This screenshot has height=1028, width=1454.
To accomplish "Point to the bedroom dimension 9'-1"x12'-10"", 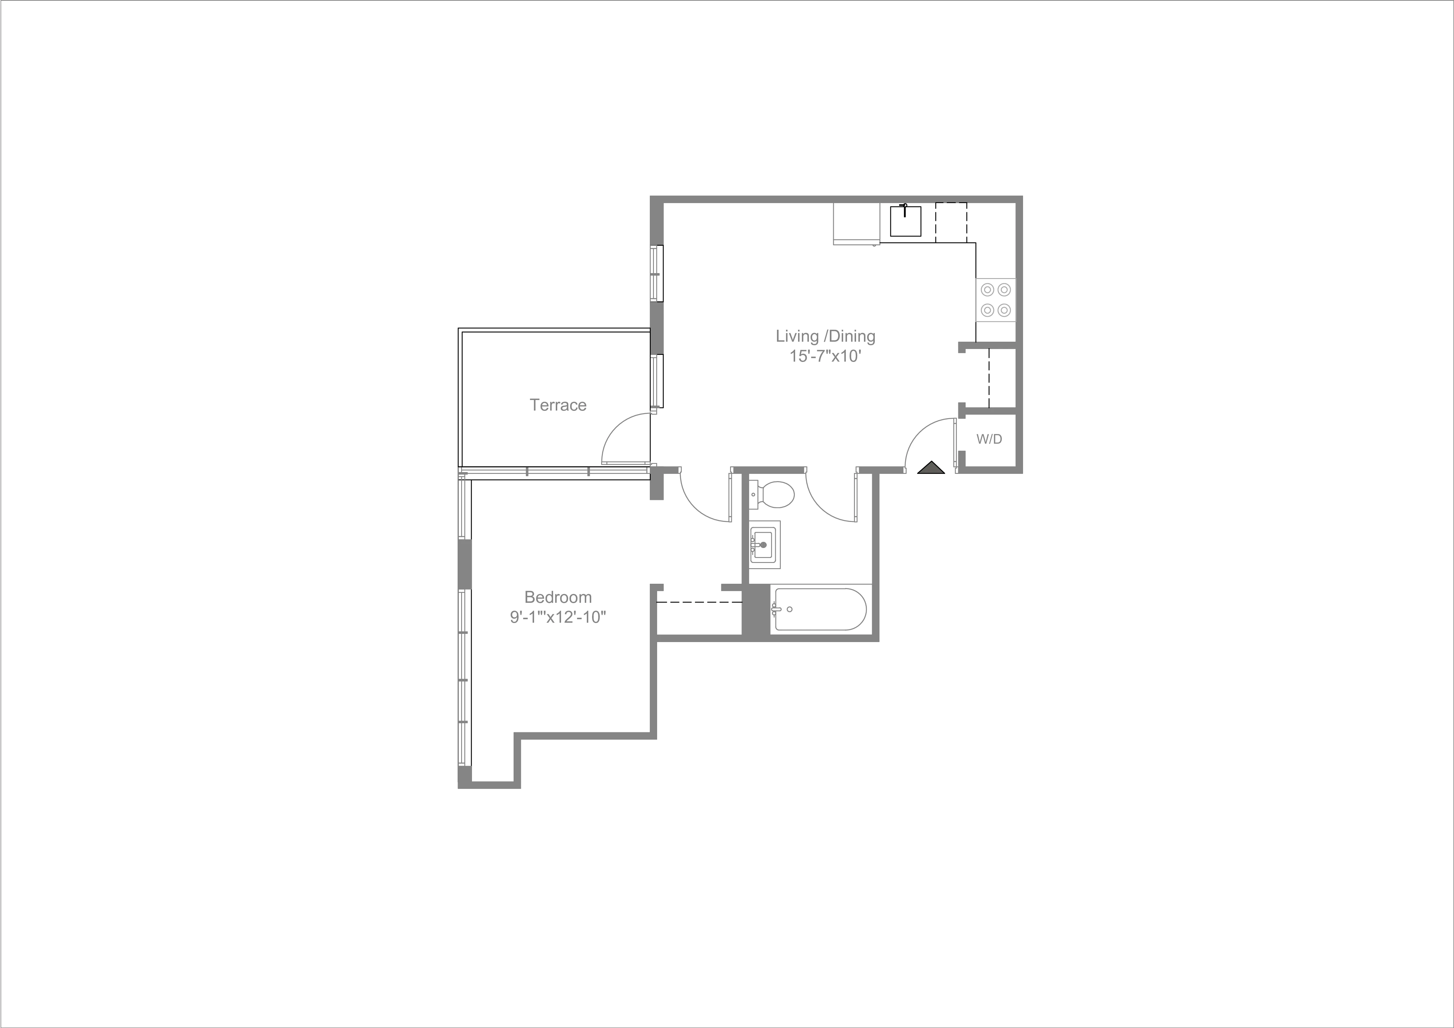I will coord(558,617).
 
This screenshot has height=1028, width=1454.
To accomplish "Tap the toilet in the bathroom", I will coord(774,495).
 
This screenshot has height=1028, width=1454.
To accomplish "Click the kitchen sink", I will coord(906,221).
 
